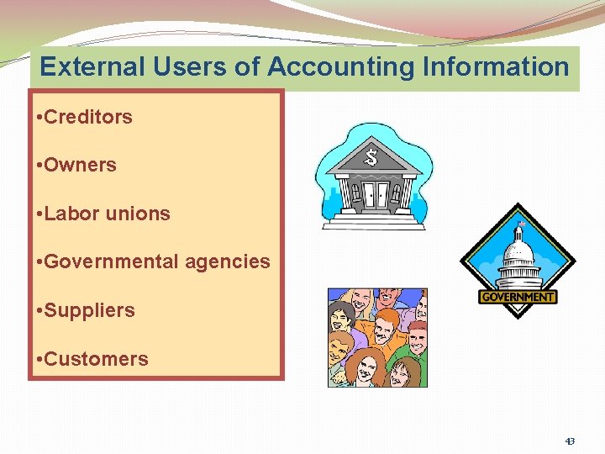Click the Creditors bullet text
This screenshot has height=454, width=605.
tap(87, 117)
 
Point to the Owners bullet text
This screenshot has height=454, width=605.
tap(80, 165)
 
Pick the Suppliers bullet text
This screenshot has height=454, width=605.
tap(89, 310)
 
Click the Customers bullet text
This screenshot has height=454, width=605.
tap(96, 359)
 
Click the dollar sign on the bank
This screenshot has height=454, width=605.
tap(372, 156)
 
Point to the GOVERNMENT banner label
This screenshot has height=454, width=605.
tap(518, 297)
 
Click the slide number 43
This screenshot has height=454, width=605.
tap(570, 441)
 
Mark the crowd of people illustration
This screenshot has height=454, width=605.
tap(377, 337)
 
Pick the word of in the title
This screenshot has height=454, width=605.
tap(246, 66)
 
